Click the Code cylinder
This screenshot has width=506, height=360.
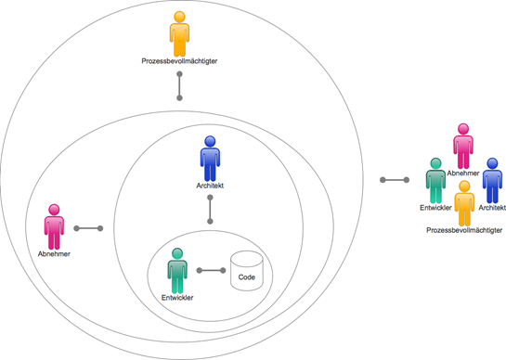point(247,271)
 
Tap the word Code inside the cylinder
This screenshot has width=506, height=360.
point(247,277)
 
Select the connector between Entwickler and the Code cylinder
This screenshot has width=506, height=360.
point(211,270)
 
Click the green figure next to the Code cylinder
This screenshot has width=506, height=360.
point(177,271)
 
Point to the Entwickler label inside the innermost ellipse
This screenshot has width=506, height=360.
point(177,298)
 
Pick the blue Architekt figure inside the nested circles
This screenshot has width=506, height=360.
point(210,159)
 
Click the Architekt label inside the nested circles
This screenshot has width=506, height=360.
point(210,186)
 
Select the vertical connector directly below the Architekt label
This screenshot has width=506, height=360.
point(210,210)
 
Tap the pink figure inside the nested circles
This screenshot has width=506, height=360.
point(54,226)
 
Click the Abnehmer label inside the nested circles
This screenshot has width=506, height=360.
point(54,254)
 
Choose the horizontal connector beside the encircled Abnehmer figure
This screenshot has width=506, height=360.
point(88,228)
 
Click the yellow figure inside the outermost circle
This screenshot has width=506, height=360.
point(179,34)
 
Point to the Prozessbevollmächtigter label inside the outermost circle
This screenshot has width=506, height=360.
point(179,61)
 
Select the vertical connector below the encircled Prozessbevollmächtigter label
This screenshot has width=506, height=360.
point(179,85)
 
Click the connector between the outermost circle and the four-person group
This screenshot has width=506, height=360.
point(395,180)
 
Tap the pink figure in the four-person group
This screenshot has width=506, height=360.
point(463,146)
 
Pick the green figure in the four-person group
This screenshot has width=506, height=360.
point(436,181)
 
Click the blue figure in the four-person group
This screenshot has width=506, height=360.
point(492,181)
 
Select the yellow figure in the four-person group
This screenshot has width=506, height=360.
point(464,203)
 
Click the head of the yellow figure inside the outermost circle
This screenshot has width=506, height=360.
point(179,17)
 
